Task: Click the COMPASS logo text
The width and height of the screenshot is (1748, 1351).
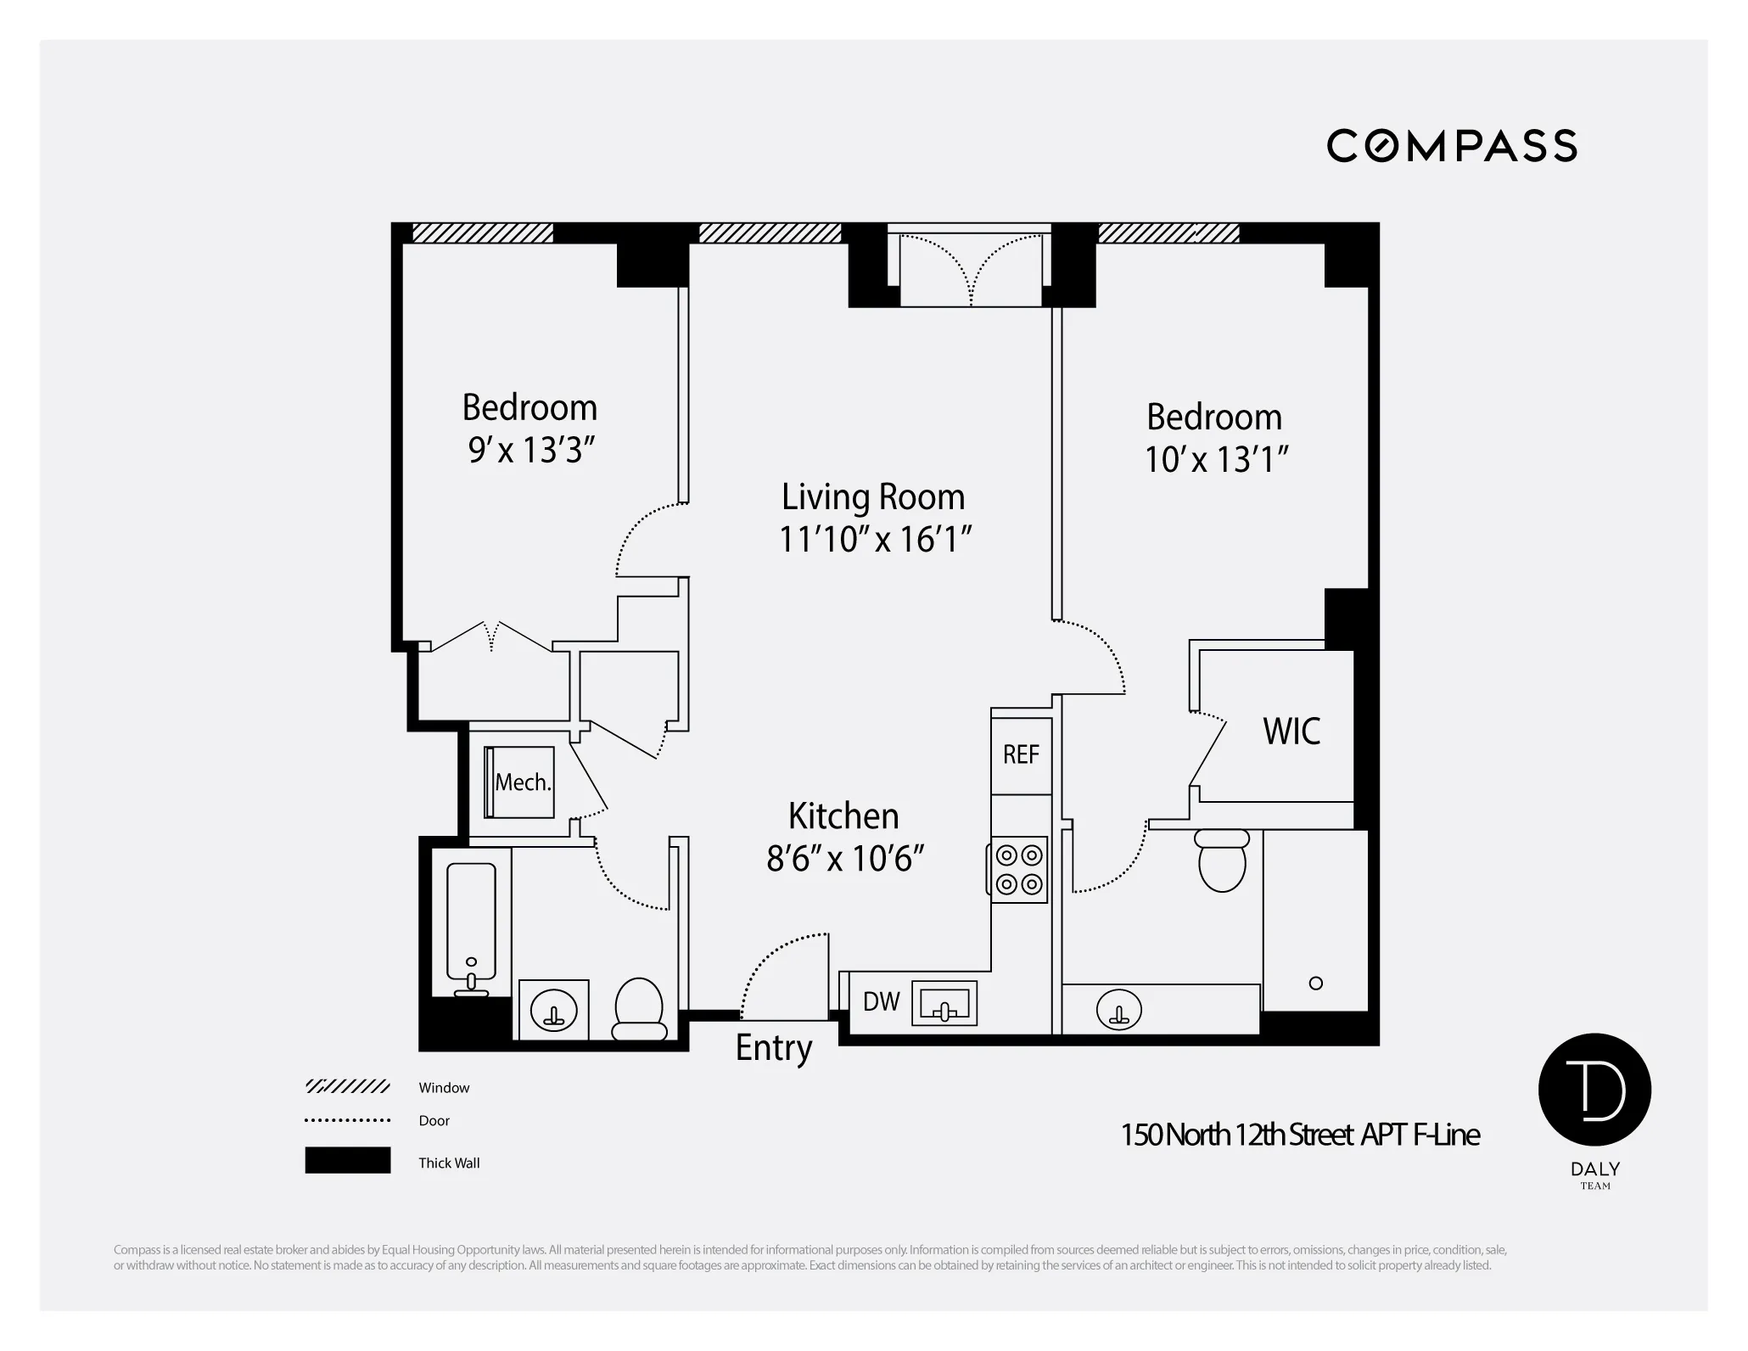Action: point(1451,146)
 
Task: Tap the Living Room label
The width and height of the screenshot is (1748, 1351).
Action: point(873,497)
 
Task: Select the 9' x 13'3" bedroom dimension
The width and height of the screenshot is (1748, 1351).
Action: point(529,451)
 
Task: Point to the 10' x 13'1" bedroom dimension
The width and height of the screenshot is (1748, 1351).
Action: point(1215,460)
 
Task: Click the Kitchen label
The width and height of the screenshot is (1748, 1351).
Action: point(843,816)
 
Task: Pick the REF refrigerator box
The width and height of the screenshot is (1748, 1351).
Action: point(1021,754)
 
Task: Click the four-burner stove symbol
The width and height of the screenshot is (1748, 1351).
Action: point(1019,869)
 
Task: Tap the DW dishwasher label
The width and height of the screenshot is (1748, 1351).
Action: point(881,1002)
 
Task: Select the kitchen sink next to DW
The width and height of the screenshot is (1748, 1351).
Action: point(944,1005)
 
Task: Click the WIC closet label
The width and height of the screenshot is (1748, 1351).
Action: point(1291,732)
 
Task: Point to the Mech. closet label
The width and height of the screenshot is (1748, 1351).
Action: point(522,782)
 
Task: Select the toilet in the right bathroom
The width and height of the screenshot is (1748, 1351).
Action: point(1222,860)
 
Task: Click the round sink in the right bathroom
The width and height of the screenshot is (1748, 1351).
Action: point(1118,1010)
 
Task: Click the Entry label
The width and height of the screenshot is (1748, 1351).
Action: point(773,1048)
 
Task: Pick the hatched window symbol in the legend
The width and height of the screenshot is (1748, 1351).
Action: point(347,1087)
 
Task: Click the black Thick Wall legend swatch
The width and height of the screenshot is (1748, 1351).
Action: point(347,1160)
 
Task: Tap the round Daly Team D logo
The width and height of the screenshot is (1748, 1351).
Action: point(1594,1090)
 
